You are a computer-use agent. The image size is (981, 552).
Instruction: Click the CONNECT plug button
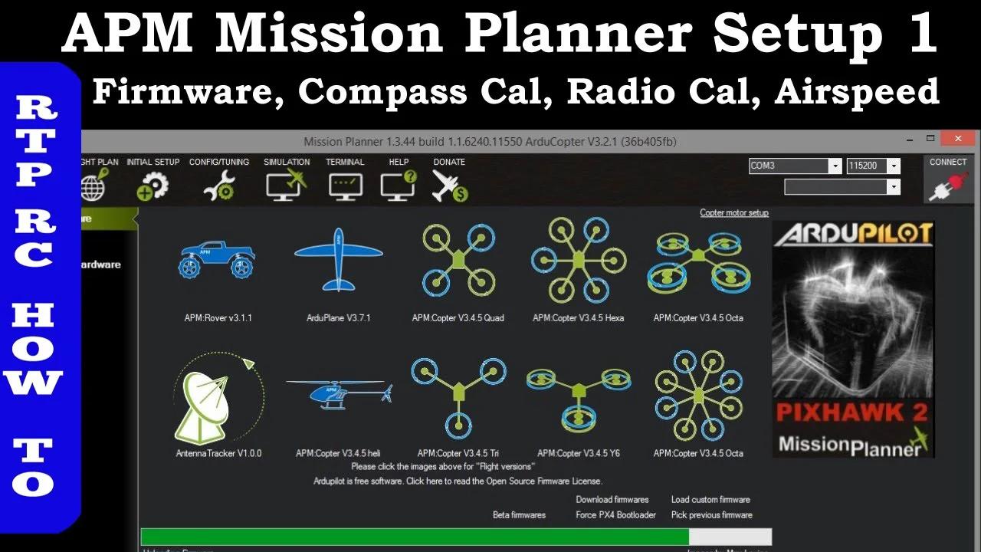947,185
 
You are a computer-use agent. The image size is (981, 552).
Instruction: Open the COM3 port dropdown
795,166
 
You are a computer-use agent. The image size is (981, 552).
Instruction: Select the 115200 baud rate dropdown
873,166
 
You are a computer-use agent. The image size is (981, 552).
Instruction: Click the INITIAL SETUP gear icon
153,185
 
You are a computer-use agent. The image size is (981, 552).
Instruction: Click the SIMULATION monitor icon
286,185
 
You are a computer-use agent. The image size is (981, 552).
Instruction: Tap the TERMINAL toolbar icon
345,185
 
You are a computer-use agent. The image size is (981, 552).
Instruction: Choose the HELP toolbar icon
399,185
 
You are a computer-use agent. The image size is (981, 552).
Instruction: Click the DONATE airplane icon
449,185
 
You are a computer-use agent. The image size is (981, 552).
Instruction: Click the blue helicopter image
338,393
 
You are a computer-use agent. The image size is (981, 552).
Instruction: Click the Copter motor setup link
733,213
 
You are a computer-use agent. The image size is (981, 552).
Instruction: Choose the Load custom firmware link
710,500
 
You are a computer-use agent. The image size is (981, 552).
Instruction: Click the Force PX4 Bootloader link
615,515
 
